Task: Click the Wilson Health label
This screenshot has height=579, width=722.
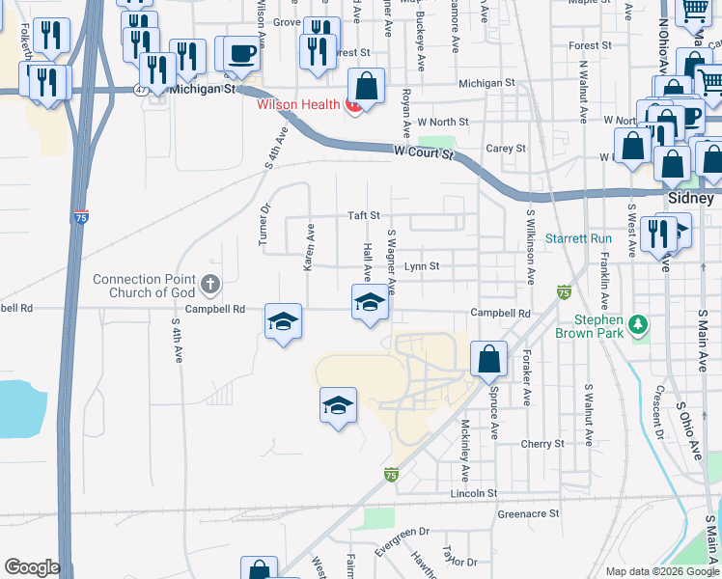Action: click(297, 104)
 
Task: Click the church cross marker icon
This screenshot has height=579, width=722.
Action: click(211, 286)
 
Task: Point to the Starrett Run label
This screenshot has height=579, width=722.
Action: click(578, 238)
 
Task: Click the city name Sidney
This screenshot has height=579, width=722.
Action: click(690, 197)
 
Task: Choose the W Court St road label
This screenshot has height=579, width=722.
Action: click(424, 152)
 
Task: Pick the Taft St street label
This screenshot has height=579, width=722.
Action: click(364, 216)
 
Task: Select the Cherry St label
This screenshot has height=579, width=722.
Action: click(541, 444)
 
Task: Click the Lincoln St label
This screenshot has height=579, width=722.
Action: click(473, 493)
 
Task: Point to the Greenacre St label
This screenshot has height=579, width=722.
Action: click(528, 514)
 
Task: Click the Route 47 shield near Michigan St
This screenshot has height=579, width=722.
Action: click(143, 89)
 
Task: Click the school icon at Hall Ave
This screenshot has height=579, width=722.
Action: click(368, 303)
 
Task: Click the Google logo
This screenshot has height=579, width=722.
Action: click(32, 567)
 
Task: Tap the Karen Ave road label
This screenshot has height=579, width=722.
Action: click(310, 247)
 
